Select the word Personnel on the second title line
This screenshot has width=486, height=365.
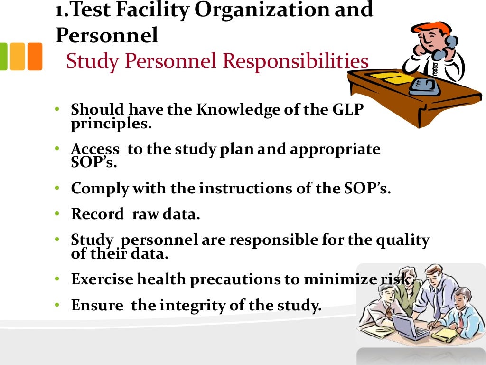coord(107,35)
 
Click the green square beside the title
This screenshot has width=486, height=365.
coord(3,57)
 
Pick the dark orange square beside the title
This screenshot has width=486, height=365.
coord(35,57)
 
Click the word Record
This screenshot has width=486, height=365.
coord(97,214)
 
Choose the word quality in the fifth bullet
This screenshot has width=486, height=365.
coord(402,240)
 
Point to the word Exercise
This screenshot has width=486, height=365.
coord(102,279)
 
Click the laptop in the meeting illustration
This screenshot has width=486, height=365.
coord(403,327)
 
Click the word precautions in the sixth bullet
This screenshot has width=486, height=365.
coord(234,279)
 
